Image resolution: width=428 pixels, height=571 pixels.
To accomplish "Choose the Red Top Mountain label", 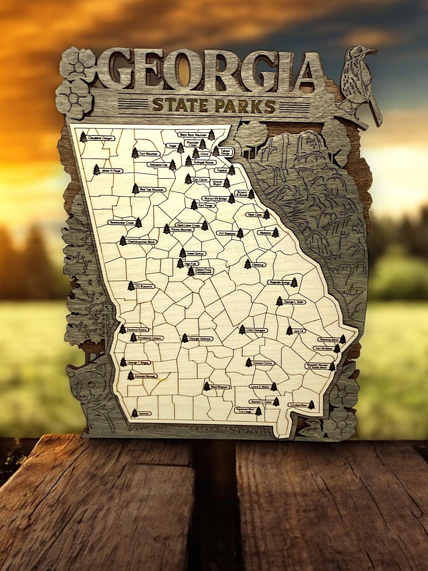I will click(x=152, y=190).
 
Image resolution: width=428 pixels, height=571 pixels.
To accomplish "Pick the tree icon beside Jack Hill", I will click(x=289, y=330).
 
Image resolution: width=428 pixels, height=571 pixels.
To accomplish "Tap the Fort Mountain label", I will click(x=148, y=154).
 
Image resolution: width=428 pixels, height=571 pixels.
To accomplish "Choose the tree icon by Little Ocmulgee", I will click(x=242, y=329).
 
